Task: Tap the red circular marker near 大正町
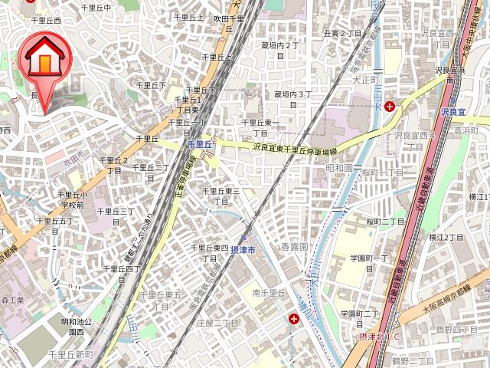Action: click(390, 106)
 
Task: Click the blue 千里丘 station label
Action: click(198, 143)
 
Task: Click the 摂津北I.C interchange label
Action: click(380, 336)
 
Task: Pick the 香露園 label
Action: click(293, 248)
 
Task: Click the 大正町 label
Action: click(366, 79)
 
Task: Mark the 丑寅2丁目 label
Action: click(342, 34)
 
